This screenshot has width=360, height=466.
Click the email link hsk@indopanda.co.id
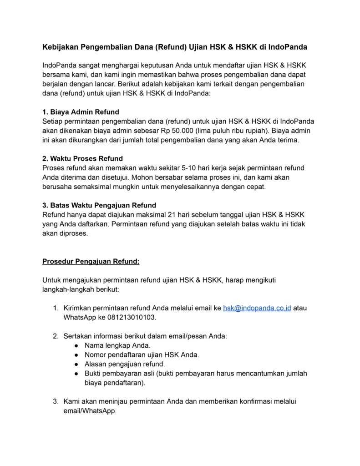pyautogui.click(x=257, y=308)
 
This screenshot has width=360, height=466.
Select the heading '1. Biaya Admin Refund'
pyautogui.click(x=81, y=112)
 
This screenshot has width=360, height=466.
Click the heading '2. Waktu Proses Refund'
pyautogui.click(x=82, y=159)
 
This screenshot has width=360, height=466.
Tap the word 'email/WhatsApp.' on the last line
pyautogui.click(x=90, y=410)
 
